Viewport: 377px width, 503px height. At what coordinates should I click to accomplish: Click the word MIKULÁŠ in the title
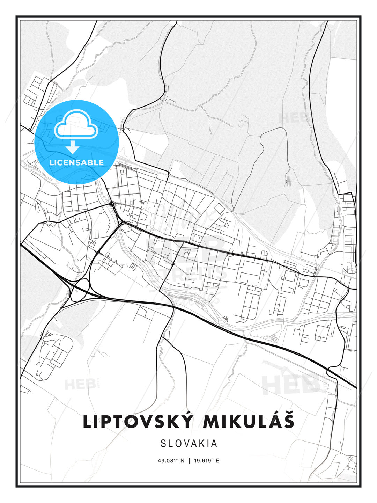tap(249, 422)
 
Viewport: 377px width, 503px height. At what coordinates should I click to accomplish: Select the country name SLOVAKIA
tap(189, 444)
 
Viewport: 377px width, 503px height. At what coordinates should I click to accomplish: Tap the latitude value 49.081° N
tap(171, 461)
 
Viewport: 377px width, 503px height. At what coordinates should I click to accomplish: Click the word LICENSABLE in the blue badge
tap(76, 162)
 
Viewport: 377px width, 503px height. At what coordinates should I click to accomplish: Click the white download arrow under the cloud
tap(73, 147)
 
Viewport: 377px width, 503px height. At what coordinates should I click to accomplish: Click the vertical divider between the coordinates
tap(189, 461)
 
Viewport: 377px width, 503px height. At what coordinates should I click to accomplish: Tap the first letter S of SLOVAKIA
tap(163, 444)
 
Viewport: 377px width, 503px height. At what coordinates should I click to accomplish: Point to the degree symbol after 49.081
tap(177, 459)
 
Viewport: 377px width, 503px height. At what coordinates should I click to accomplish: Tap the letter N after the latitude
tap(182, 461)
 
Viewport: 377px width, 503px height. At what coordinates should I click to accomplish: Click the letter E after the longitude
tap(217, 461)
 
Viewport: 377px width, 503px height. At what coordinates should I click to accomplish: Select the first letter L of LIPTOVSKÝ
tap(87, 422)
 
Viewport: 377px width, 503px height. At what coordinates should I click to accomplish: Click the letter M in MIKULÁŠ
tap(212, 422)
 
